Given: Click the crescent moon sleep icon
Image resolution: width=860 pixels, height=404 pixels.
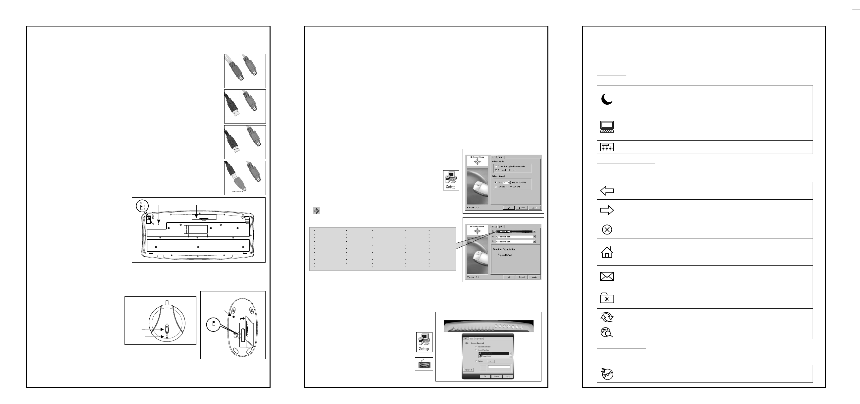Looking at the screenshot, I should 607,99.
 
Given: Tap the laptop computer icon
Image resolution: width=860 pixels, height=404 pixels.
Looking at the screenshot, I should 607,127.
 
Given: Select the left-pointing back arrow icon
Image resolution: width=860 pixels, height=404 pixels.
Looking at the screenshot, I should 607,191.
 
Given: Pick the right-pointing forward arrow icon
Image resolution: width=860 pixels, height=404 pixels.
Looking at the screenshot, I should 607,210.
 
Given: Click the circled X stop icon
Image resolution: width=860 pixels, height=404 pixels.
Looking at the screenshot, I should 607,230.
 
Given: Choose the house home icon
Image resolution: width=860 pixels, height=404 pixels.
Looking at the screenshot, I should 607,252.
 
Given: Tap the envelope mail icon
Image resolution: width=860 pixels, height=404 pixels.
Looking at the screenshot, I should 607,276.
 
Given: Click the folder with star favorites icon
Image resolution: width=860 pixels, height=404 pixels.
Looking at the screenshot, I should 607,298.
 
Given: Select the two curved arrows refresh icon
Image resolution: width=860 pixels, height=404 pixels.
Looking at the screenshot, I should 607,317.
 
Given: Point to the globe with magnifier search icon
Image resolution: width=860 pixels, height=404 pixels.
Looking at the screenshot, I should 607,332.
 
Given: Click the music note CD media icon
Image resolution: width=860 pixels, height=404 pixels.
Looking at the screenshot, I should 607,374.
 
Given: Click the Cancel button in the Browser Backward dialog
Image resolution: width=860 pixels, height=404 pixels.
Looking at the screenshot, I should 497,376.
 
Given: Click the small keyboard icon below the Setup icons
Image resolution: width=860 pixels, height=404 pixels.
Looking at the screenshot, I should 424,364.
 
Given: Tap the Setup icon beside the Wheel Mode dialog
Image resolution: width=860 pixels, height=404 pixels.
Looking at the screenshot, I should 451,180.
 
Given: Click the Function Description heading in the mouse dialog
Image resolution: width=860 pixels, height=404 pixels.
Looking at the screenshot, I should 504,249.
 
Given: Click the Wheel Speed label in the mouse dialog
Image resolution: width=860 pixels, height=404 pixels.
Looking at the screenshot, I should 498,176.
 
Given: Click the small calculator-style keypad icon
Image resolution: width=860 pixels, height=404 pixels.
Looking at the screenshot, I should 607,147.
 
